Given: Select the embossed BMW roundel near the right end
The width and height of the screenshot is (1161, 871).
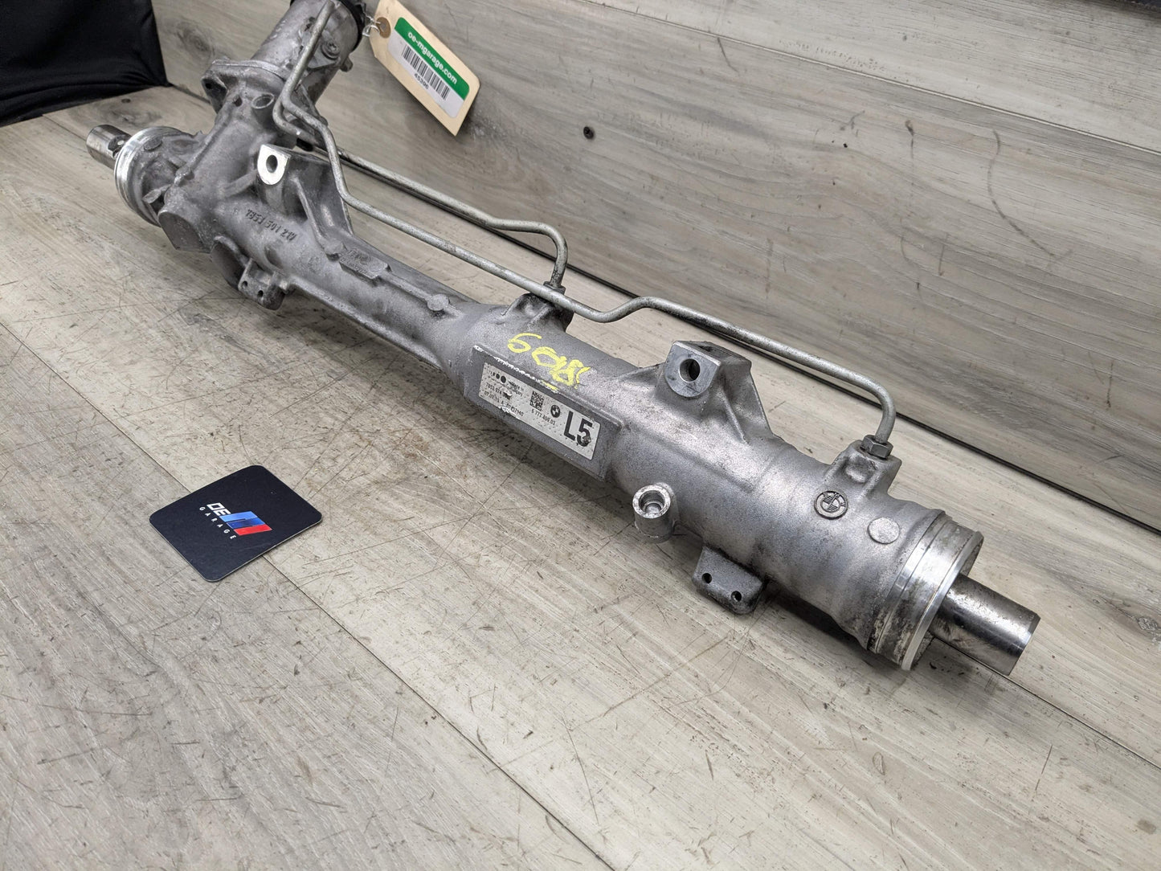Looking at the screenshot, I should (826, 505).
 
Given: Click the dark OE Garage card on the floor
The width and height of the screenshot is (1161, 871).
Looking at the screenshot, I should (235, 522).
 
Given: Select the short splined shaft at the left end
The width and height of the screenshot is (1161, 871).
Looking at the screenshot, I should (104, 145).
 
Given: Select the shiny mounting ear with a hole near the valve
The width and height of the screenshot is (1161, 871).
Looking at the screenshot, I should (272, 164).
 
